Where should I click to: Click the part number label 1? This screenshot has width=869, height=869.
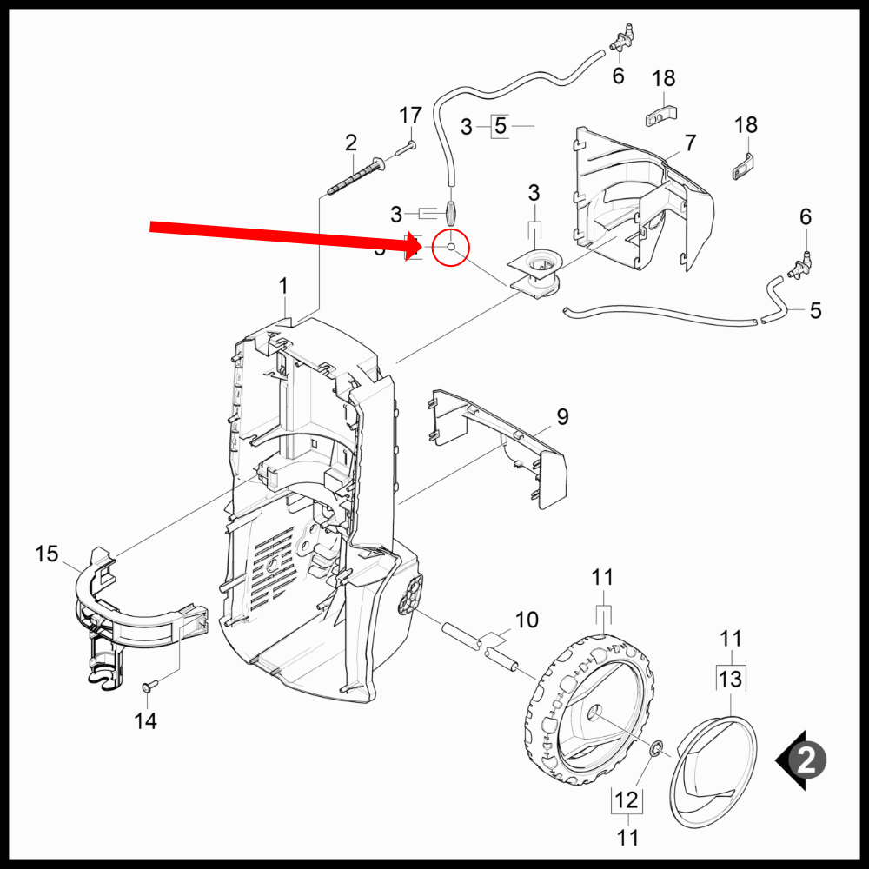tap(282, 286)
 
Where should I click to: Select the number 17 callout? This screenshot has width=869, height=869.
tap(410, 116)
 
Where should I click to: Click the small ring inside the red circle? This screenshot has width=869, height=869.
tap(451, 248)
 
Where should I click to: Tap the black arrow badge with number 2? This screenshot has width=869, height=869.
tap(802, 760)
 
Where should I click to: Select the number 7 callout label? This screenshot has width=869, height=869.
tap(690, 143)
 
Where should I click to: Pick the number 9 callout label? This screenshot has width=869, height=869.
tap(562, 417)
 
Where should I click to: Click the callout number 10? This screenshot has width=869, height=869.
tap(527, 620)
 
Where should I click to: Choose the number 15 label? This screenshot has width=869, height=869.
tap(46, 554)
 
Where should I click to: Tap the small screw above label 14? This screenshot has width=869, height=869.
tap(147, 687)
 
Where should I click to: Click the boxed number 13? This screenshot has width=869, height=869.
tap(731, 678)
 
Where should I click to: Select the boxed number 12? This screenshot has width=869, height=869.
tap(627, 799)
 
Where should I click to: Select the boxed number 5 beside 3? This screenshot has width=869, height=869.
tap(500, 127)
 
